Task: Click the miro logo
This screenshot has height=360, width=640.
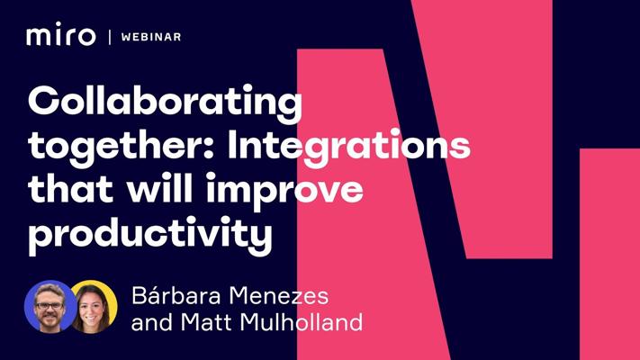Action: (x=61, y=34)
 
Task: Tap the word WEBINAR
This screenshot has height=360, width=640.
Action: (x=151, y=37)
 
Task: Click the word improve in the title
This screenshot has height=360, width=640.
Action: (x=284, y=190)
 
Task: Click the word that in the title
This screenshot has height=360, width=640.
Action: (x=70, y=189)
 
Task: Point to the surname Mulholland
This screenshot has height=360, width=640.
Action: (x=302, y=322)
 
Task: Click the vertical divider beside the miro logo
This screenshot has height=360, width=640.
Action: (x=110, y=37)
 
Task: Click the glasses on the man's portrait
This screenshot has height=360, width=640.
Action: (x=50, y=306)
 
